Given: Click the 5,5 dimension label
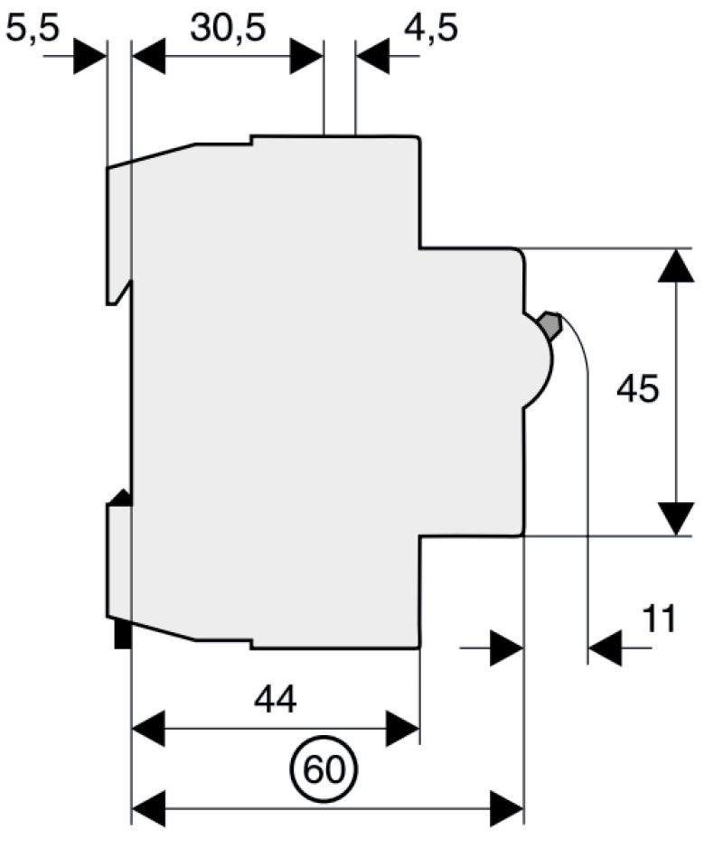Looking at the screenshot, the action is (x=33, y=27).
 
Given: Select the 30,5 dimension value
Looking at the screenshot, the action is (x=228, y=27).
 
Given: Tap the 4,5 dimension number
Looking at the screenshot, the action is (x=431, y=27).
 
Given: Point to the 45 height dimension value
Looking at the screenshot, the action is (x=638, y=388).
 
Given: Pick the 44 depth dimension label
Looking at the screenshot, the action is (x=276, y=699).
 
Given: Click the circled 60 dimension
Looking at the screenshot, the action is (x=324, y=769).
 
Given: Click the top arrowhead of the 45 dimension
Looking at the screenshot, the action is (x=676, y=266).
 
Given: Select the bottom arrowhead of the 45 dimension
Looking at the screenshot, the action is (x=676, y=518).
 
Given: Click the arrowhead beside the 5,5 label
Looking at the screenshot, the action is (x=89, y=56).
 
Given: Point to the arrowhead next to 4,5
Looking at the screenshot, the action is (x=372, y=56).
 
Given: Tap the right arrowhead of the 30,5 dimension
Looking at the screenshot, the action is (x=306, y=56).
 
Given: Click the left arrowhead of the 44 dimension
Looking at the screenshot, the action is (x=148, y=729).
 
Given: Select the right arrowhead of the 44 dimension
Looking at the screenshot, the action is (x=403, y=729).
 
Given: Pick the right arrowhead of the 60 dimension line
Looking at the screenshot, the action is (x=507, y=808).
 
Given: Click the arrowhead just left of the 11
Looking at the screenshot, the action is (x=605, y=648).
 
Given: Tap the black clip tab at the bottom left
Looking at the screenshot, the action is (x=123, y=634).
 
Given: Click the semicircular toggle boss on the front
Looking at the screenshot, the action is (x=539, y=360).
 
